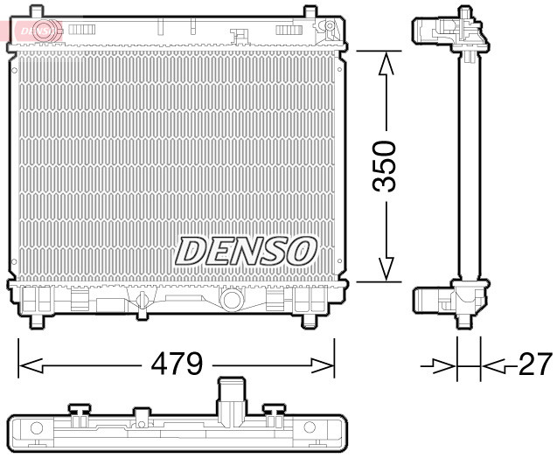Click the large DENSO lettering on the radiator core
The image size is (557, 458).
click(x=246, y=251)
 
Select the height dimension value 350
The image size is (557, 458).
click(x=385, y=166)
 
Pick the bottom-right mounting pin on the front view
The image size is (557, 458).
click(x=310, y=320)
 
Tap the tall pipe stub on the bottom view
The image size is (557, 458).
click(x=231, y=398)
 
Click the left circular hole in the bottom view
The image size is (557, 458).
click(x=37, y=428)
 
